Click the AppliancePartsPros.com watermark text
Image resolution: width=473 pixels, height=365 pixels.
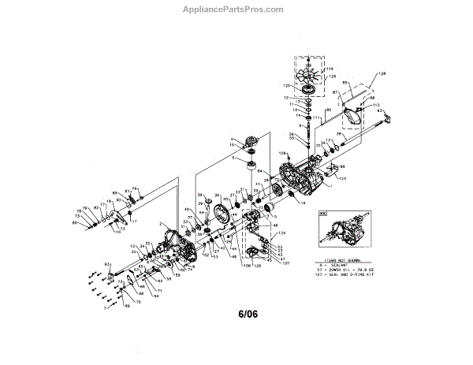[236, 10]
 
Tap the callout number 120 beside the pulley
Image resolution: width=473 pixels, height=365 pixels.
[287, 83]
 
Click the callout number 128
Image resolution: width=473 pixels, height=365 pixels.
[384, 73]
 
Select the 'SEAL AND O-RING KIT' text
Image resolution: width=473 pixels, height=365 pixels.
[354, 276]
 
